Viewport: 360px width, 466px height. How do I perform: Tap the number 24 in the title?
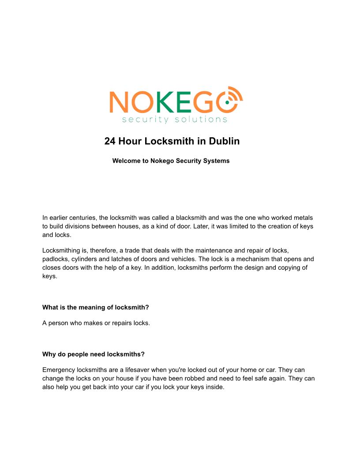point(109,141)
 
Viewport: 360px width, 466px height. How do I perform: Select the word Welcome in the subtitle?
point(126,161)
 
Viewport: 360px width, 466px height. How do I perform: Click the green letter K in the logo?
point(165,101)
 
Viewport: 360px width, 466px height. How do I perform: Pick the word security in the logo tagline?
point(145,120)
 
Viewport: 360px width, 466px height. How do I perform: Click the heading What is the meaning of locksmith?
point(96,308)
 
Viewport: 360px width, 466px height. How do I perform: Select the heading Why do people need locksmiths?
point(94,354)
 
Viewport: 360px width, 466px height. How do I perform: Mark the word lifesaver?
point(136,370)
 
